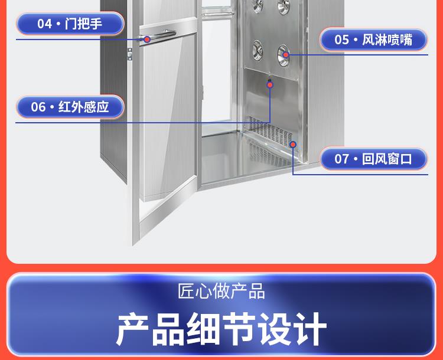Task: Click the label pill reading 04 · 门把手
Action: [x=70, y=24]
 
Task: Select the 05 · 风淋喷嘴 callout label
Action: [x=373, y=40]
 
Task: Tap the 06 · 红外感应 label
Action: [x=70, y=107]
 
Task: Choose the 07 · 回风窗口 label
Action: [x=373, y=159]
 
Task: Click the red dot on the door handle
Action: [x=148, y=40]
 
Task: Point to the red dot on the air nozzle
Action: [x=286, y=55]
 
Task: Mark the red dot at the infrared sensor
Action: [x=270, y=85]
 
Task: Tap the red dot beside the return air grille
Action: [x=292, y=145]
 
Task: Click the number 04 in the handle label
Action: [x=44, y=24]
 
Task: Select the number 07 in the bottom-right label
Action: [x=342, y=159]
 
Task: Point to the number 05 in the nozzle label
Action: [x=342, y=40]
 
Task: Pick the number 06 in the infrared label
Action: [x=38, y=107]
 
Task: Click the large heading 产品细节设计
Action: [x=221, y=329]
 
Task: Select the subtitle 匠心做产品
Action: [x=221, y=291]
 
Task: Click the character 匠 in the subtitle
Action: [x=187, y=291]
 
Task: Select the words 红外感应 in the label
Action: [x=84, y=107]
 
